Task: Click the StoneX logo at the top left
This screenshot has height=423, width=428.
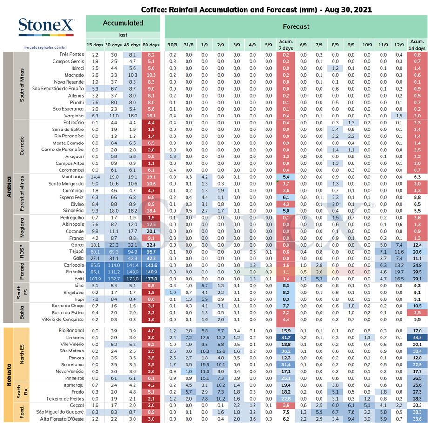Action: [x=46, y=26]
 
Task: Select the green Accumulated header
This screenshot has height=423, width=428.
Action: [x=123, y=23]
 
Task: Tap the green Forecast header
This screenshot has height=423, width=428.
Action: [x=296, y=26]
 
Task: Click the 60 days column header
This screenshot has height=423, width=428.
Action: [x=151, y=45]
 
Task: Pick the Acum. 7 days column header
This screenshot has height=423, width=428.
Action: [x=286, y=45]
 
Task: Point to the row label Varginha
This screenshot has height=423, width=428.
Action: [x=74, y=116]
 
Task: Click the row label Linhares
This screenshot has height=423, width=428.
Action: [x=75, y=338]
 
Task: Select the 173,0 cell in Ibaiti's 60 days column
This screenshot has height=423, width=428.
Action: [x=151, y=279]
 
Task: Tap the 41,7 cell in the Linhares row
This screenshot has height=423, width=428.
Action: [x=286, y=338]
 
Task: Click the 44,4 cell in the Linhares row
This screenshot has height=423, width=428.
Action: [x=417, y=338]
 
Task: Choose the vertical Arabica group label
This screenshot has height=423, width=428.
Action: [x=9, y=187]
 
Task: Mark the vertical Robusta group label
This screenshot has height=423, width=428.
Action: [x=9, y=375]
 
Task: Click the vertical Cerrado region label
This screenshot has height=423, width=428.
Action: [x=22, y=146]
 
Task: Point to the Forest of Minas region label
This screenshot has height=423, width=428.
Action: [x=22, y=194]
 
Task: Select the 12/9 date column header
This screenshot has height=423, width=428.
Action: [x=399, y=45]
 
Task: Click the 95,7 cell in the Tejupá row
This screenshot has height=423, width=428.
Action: [x=151, y=252]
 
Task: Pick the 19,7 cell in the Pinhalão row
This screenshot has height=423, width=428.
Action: [x=399, y=272]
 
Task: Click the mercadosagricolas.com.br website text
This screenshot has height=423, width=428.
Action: [x=45, y=47]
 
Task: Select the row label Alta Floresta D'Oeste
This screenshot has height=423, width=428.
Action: [x=62, y=419]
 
